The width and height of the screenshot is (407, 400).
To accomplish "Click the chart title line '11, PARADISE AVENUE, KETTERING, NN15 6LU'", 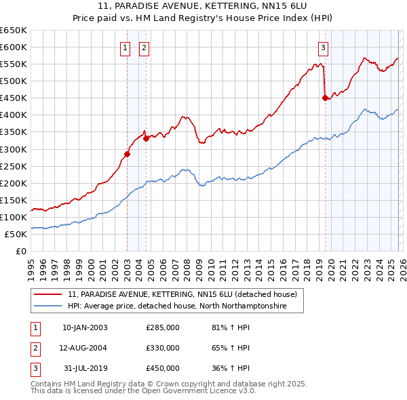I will click(203, 6).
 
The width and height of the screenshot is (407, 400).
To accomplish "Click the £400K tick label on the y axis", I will click(14, 115).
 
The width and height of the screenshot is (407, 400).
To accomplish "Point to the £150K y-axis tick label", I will click(14, 200).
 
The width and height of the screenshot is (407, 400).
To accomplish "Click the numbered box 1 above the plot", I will click(126, 47).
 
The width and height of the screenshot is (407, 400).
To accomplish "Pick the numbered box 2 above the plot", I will click(145, 47).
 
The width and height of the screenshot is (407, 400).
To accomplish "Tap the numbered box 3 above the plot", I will click(324, 47).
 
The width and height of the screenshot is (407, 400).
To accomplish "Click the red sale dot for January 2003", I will click(127, 154).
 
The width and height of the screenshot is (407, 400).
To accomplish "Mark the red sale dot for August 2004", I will click(146, 138).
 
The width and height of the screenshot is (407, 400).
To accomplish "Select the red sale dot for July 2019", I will click(325, 98).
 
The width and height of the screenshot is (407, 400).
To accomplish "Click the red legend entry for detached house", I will click(182, 295).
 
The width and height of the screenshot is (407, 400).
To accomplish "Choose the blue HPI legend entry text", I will click(177, 306).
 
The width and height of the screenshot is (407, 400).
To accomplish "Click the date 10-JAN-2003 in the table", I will click(85, 328).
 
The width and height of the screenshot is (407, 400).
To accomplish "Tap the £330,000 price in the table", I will click(163, 348).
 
